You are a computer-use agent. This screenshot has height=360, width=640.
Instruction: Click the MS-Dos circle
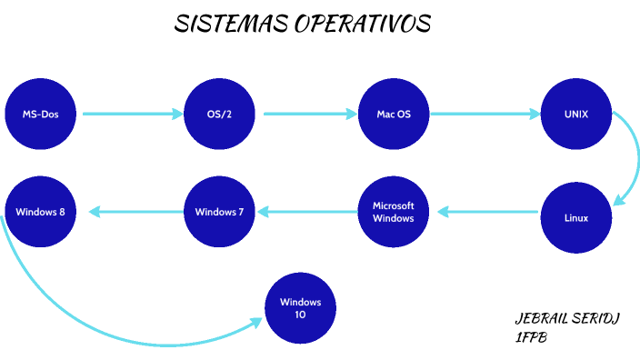tap(40, 115)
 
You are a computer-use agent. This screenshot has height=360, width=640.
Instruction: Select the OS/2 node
tap(218, 115)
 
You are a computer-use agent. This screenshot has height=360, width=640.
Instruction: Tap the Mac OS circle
tap(394, 115)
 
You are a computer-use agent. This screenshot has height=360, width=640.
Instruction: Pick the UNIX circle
tap(576, 115)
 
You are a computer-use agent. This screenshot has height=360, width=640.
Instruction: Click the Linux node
tap(576, 218)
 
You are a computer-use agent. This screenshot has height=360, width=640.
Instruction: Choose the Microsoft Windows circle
tap(394, 212)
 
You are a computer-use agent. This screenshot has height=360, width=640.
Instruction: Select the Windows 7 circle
tap(218, 212)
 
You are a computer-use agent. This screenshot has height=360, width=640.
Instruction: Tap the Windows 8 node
tap(40, 212)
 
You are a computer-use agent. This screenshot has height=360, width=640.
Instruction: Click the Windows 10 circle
tap(300, 308)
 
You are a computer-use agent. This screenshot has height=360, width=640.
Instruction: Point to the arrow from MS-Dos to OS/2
tap(132, 115)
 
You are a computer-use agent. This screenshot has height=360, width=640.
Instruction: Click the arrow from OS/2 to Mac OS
tap(309, 115)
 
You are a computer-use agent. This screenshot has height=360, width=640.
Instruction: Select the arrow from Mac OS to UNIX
tap(485, 115)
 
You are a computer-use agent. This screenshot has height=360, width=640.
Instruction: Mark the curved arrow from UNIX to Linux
tap(630, 155)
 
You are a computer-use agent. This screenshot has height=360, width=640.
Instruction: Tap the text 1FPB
tap(530, 338)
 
